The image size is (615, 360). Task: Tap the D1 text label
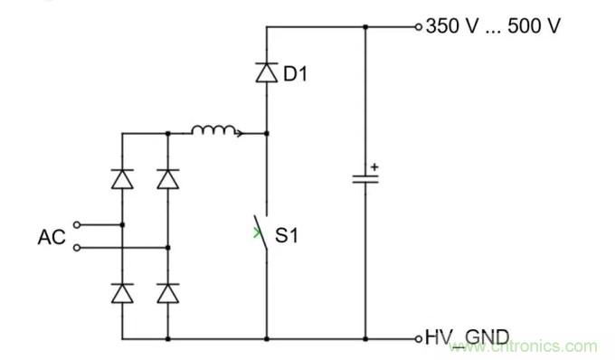[x=296, y=74]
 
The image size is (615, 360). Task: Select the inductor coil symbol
[x=215, y=132]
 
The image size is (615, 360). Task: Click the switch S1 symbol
[x=264, y=232]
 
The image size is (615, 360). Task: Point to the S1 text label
[x=289, y=236]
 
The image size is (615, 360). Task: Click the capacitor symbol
[x=365, y=178]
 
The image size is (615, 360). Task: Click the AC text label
[x=51, y=237]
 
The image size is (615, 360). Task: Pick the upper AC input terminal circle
[x=76, y=223]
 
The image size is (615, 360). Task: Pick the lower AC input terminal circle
[x=76, y=246]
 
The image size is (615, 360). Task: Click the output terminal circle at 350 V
[x=418, y=26]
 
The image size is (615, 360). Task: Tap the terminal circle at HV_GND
[x=418, y=338]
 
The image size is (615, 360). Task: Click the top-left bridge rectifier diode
[x=122, y=178]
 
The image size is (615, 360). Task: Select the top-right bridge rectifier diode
[x=167, y=178]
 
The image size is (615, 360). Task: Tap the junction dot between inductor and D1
[x=266, y=134]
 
